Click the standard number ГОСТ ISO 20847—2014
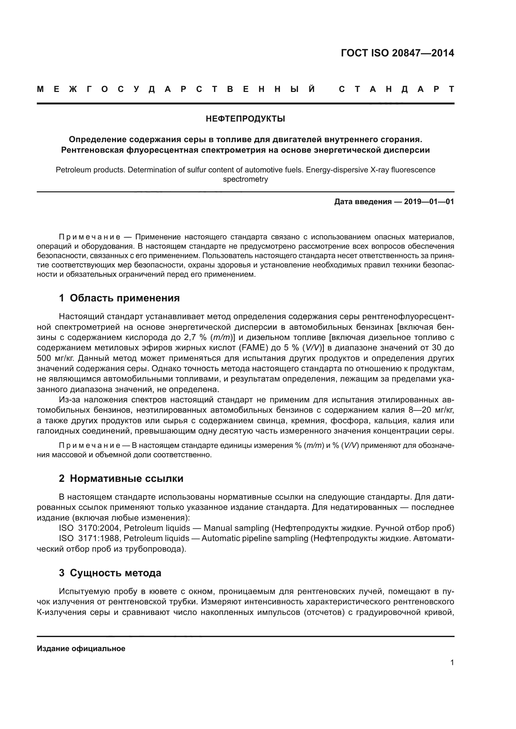point(397,53)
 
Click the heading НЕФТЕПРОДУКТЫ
point(245,119)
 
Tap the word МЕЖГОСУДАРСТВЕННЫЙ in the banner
point(176,89)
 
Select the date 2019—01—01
point(429,202)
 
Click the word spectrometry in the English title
point(245,180)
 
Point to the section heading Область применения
point(124,298)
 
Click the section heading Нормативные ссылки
point(126,478)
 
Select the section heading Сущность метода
point(115,573)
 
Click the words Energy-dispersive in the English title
point(337,170)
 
